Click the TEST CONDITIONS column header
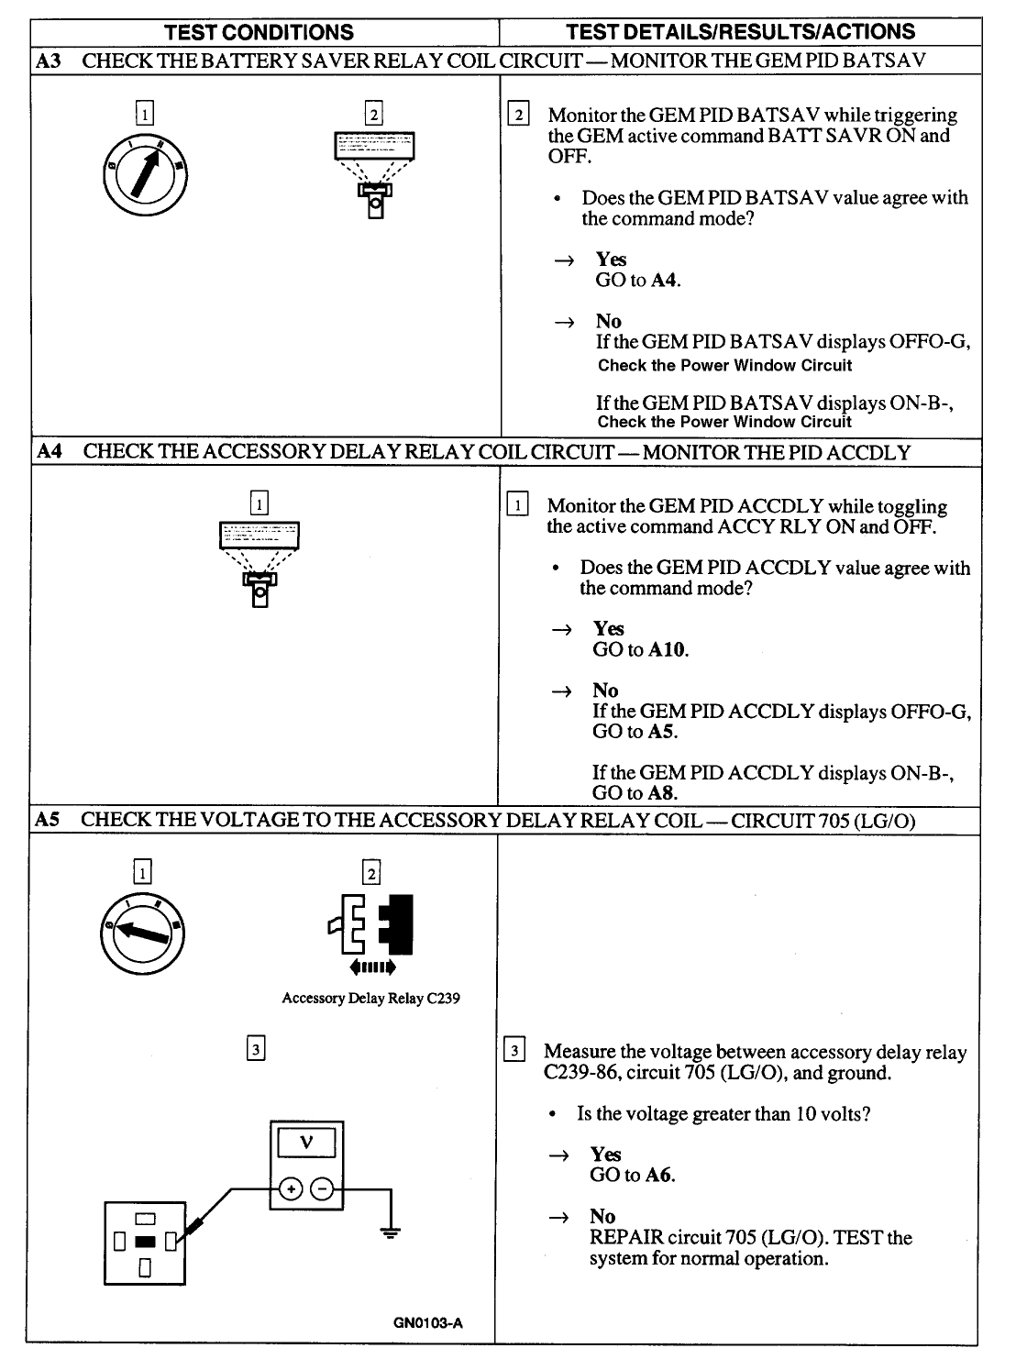[259, 32]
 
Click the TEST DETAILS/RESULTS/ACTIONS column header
[740, 32]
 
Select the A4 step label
[48, 452]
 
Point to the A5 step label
[47, 820]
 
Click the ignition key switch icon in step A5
[142, 932]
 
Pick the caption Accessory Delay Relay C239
[370, 999]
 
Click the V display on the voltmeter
[306, 1143]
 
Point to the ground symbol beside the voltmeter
[392, 1232]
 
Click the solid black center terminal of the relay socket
[145, 1243]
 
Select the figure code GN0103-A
[429, 1323]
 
